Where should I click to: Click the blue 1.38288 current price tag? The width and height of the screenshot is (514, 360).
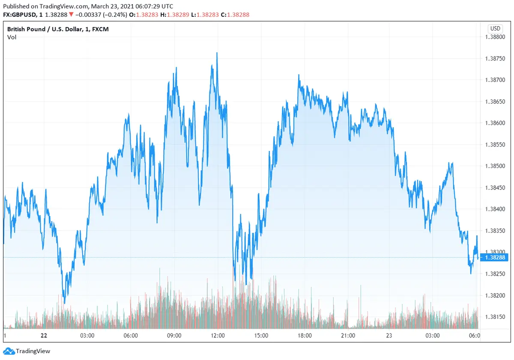tap(495, 258)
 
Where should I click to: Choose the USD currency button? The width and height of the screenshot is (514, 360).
tap(495, 28)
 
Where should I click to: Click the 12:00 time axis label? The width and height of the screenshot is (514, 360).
tap(218, 336)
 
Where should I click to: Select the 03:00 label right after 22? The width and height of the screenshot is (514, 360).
tap(87, 336)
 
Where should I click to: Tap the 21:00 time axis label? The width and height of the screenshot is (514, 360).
tap(348, 336)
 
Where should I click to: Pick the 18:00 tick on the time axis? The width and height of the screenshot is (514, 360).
tap(305, 336)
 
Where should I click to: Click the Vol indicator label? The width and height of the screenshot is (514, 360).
tap(12, 37)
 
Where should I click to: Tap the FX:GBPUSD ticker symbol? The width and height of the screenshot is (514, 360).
tap(20, 15)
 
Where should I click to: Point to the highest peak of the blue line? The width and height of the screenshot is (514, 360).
tap(217, 53)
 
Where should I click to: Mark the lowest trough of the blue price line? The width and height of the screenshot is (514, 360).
tap(64, 303)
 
